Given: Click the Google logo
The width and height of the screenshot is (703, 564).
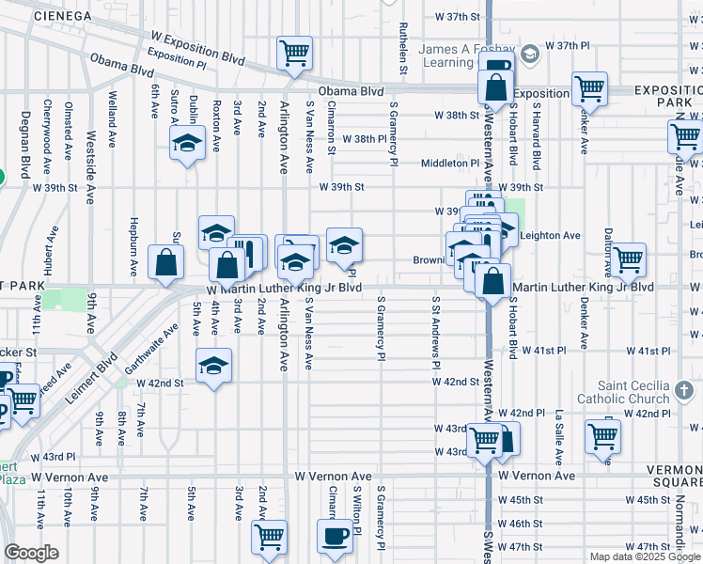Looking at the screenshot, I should (32, 552).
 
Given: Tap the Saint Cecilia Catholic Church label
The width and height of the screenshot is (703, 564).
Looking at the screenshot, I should (635, 393).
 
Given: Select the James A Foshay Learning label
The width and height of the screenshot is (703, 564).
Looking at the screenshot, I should (460, 56).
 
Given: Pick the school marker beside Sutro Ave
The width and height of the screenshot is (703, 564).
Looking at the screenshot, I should (187, 145).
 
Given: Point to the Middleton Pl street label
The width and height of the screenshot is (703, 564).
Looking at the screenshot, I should (450, 163).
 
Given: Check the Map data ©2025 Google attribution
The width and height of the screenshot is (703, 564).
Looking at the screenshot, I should (645, 556).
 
